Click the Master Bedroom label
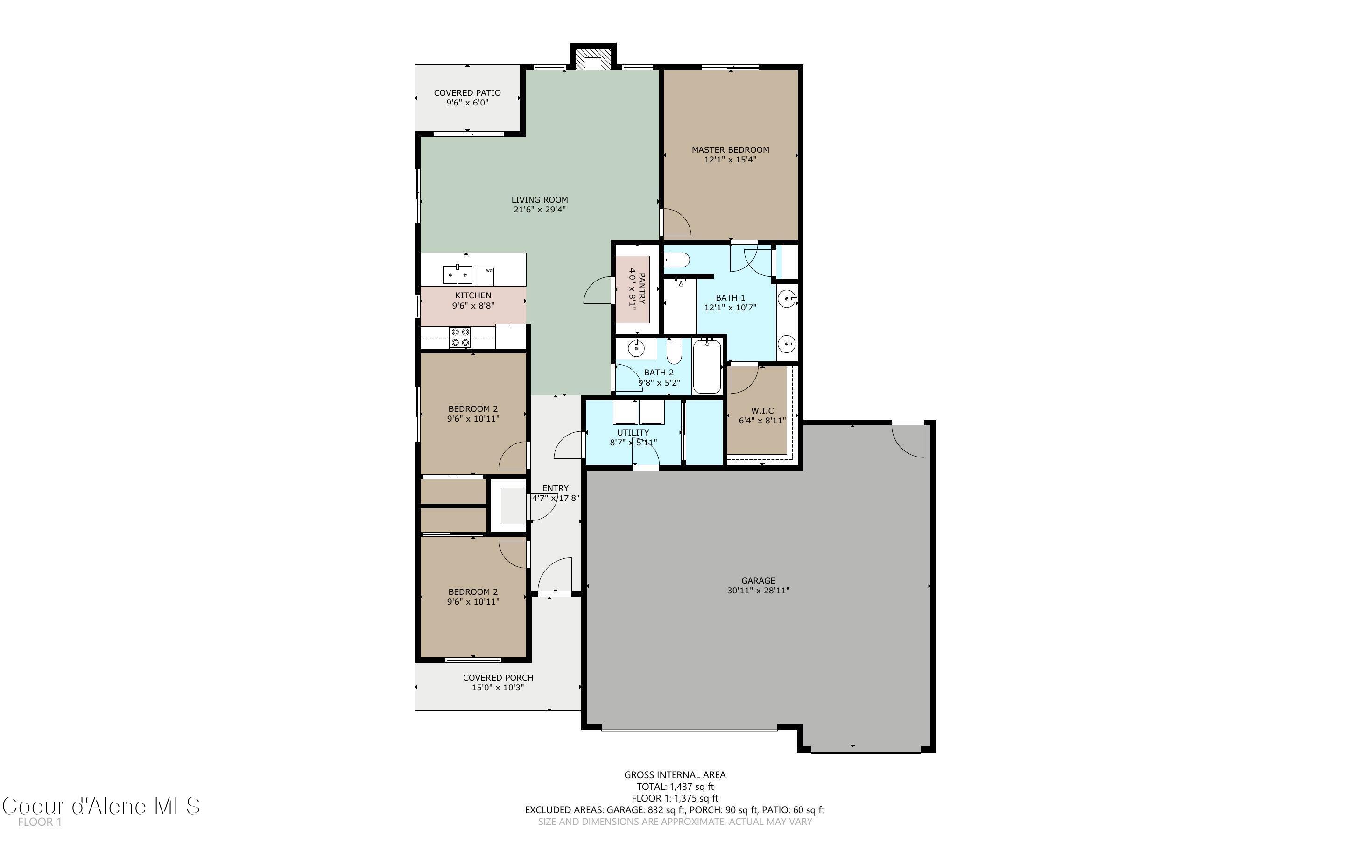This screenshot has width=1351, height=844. tap(730, 149)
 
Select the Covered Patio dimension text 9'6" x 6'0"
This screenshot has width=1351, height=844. tap(467, 103)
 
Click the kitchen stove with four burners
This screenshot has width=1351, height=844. tap(460, 337)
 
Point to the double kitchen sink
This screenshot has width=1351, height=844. tap(457, 274)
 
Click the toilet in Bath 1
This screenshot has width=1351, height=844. tap(676, 260)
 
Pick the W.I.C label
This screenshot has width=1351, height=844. tap(762, 410)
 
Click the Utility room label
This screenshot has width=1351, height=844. tap(633, 433)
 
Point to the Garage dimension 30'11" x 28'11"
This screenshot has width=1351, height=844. tap(758, 591)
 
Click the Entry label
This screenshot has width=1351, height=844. tap(555, 488)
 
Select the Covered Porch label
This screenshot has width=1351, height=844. tap(498, 678)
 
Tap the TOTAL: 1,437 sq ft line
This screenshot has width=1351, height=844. tap(675, 787)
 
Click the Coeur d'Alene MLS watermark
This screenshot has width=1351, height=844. tap(101, 806)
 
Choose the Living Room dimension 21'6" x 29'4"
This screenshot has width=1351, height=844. tap(540, 210)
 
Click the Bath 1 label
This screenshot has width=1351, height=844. tap(730, 297)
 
